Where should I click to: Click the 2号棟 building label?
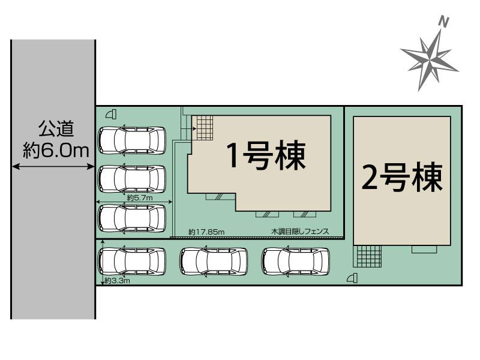point(401,178)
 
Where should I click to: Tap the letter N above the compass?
point(445,22)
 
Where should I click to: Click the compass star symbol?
point(430,60)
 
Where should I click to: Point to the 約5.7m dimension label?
point(140,197)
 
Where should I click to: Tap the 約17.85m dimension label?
point(206,231)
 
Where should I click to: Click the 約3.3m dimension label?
point(117,280)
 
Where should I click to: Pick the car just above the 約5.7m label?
point(132,178)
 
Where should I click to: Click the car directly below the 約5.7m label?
point(132,217)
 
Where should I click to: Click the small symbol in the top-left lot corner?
point(109,114)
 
